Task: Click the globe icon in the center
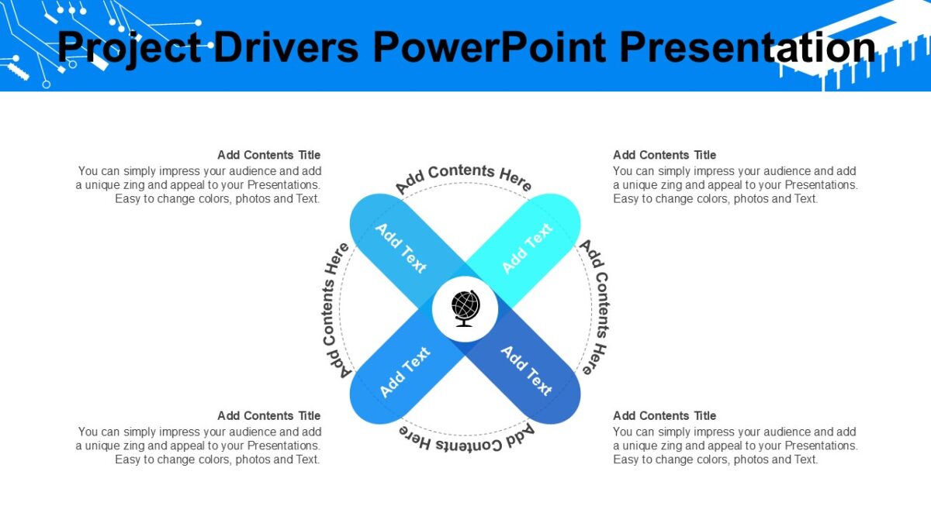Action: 465,309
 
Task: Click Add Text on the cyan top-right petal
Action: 527,248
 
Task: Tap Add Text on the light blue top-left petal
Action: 401,248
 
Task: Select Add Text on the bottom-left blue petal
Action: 404,372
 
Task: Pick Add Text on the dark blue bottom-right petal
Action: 527,371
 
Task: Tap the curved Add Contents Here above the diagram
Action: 464,177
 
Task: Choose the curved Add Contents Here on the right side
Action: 598,307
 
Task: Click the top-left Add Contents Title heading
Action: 268,155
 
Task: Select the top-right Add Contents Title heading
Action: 664,155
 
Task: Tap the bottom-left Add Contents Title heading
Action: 268,416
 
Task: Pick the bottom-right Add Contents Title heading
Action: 664,416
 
